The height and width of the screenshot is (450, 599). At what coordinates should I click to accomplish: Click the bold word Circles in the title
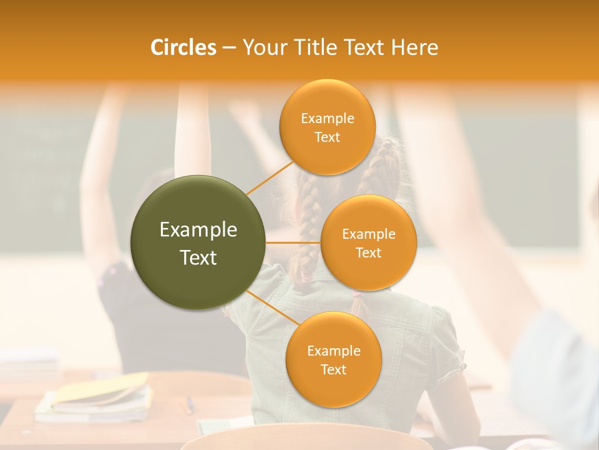[x=183, y=47]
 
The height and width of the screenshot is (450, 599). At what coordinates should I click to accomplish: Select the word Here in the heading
[x=415, y=47]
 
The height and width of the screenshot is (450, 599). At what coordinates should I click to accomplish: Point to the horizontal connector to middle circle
[x=293, y=242]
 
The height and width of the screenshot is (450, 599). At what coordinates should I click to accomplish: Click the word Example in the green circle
[x=198, y=230]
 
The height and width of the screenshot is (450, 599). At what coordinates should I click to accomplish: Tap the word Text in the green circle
[x=198, y=257]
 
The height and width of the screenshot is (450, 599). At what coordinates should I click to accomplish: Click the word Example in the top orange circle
[x=327, y=119]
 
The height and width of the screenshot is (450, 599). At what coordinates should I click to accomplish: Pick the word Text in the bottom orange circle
[x=333, y=369]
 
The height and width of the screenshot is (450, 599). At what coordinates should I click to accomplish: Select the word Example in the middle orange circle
[x=369, y=234]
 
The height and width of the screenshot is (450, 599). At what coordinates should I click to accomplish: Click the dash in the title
[x=228, y=48]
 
